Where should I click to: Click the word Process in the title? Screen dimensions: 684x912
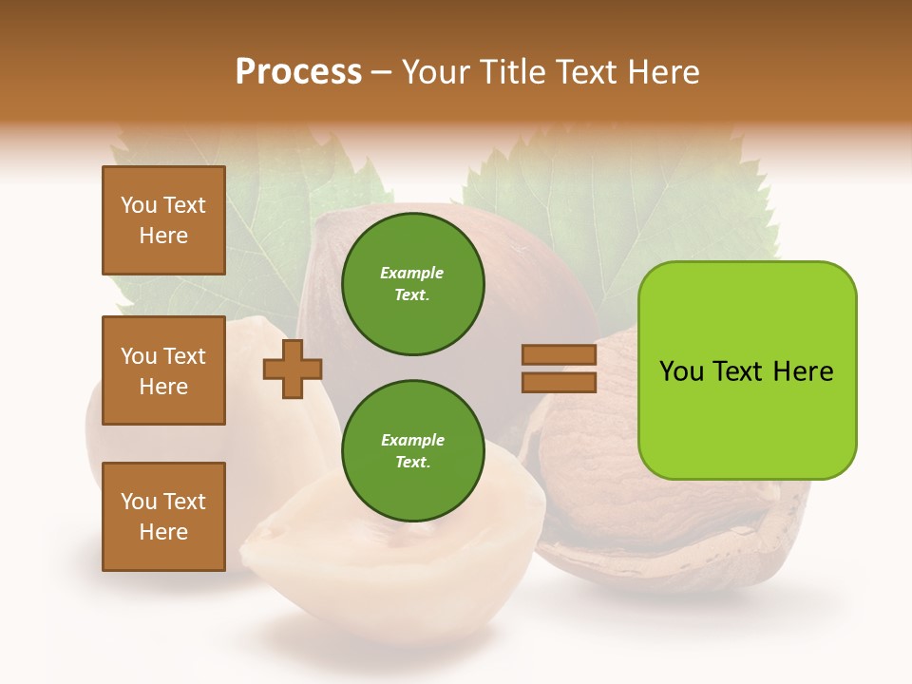click(x=298, y=72)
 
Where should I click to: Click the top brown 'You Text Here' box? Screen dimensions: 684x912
click(x=163, y=220)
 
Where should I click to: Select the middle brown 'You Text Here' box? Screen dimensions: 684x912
click(x=163, y=370)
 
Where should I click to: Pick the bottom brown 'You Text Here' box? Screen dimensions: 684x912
click(x=163, y=517)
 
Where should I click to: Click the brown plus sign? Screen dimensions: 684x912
click(x=293, y=370)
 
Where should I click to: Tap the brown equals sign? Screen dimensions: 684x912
click(x=560, y=369)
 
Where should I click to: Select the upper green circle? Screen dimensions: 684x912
click(x=413, y=284)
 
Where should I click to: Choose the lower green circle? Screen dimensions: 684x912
click(x=413, y=451)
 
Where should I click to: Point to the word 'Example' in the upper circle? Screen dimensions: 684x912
click(x=411, y=274)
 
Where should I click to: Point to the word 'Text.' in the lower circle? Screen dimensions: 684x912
click(x=412, y=463)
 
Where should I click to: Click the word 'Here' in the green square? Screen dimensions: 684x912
click(x=803, y=371)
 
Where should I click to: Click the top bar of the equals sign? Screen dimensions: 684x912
click(x=560, y=355)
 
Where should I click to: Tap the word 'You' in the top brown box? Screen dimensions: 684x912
click(x=139, y=205)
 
